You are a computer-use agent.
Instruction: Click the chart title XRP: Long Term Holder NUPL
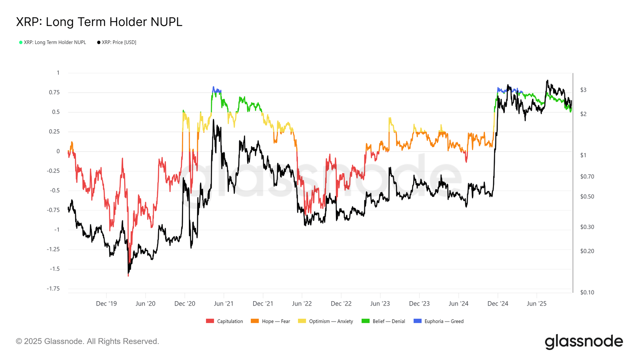pyautogui.click(x=99, y=22)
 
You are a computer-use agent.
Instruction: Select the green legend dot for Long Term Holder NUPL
pyautogui.click(x=20, y=42)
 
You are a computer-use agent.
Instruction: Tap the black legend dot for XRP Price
pyautogui.click(x=98, y=42)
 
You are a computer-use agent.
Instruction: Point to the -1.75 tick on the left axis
pyautogui.click(x=54, y=288)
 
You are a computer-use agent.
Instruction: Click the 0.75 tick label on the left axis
pyautogui.click(x=54, y=92)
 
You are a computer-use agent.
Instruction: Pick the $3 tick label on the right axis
pyautogui.click(x=583, y=90)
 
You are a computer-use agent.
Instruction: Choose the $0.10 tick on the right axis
pyautogui.click(x=587, y=292)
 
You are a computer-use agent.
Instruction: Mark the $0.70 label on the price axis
pyautogui.click(x=587, y=176)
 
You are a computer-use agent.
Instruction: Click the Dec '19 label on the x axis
pyautogui.click(x=106, y=304)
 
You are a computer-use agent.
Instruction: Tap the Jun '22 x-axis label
pyautogui.click(x=302, y=304)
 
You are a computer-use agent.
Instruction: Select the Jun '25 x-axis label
pyautogui.click(x=536, y=304)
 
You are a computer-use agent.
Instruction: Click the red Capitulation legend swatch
pyautogui.click(x=210, y=321)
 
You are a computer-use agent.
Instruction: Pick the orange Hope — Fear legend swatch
pyautogui.click(x=254, y=321)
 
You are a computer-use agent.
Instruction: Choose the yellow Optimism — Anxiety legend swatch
pyautogui.click(x=302, y=321)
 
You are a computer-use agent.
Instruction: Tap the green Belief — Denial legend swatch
pyautogui.click(x=366, y=321)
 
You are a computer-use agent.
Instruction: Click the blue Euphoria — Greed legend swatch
pyautogui.click(x=418, y=321)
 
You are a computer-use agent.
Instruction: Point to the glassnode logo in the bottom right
pyautogui.click(x=584, y=342)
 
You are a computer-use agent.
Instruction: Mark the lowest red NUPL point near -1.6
pyautogui.click(x=128, y=276)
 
